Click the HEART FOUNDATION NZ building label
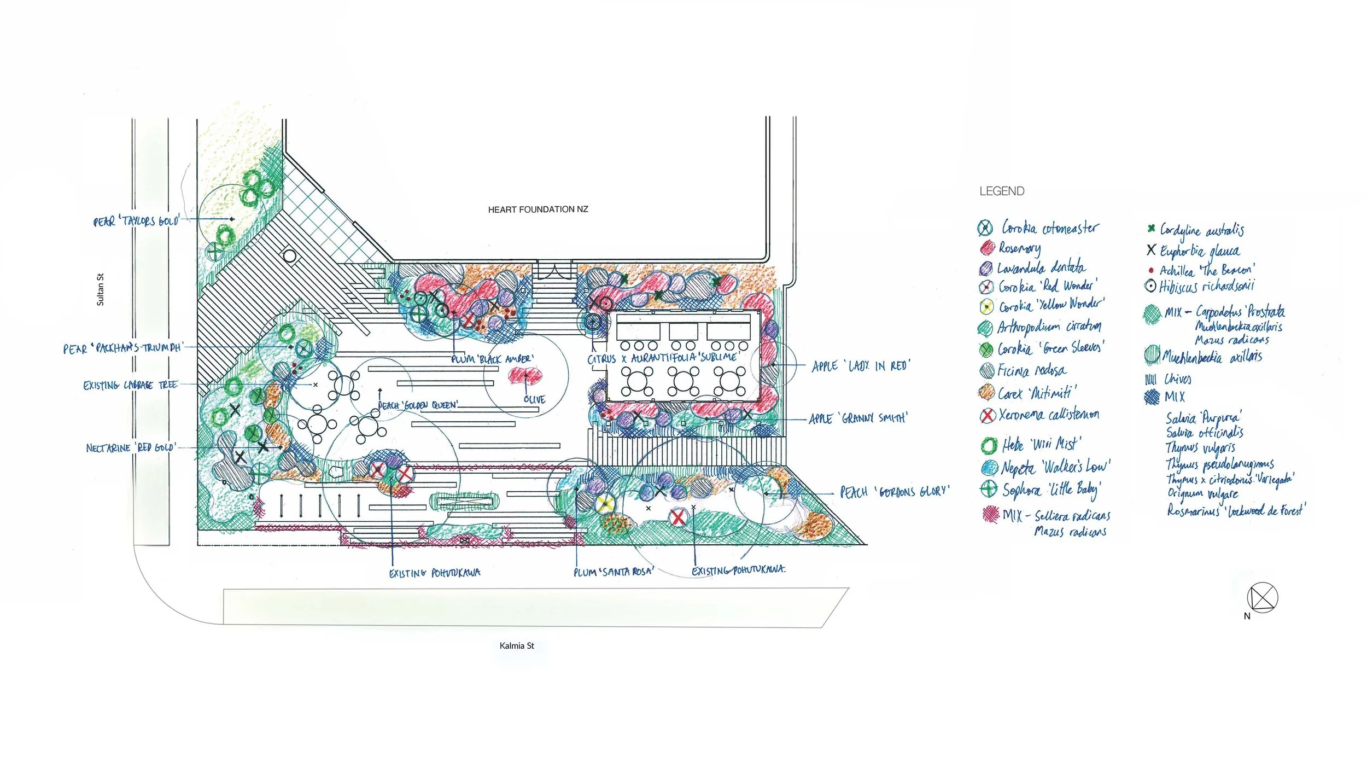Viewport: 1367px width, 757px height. pyautogui.click(x=538, y=209)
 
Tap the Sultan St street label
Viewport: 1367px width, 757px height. pyautogui.click(x=100, y=289)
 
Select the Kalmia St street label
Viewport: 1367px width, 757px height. pyautogui.click(x=516, y=646)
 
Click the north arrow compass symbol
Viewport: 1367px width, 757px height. pyautogui.click(x=1262, y=597)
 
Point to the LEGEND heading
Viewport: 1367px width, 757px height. pyautogui.click(x=1002, y=191)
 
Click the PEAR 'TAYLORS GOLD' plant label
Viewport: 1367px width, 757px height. pyautogui.click(x=136, y=221)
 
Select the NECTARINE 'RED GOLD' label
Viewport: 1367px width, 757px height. pyautogui.click(x=131, y=448)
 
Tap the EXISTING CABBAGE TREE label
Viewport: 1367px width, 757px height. pyautogui.click(x=130, y=385)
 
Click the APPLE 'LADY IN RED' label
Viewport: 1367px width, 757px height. pyautogui.click(x=861, y=365)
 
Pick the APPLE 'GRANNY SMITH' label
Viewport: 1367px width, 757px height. pyautogui.click(x=858, y=418)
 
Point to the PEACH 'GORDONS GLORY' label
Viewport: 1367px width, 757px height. pyautogui.click(x=895, y=492)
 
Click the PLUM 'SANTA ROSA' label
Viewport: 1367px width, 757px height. pyautogui.click(x=614, y=572)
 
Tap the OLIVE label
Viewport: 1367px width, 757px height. pyautogui.click(x=534, y=400)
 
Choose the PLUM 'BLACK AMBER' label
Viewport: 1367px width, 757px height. pyautogui.click(x=492, y=359)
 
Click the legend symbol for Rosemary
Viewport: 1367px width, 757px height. pyautogui.click(x=987, y=248)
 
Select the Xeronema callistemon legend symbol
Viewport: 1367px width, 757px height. pyautogui.click(x=987, y=416)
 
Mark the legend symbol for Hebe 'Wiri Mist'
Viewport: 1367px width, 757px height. pyautogui.click(x=989, y=445)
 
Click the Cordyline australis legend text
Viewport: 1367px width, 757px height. pyautogui.click(x=1202, y=230)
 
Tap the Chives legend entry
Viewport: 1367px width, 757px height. pyautogui.click(x=1177, y=379)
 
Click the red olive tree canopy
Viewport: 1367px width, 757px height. pyautogui.click(x=525, y=375)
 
